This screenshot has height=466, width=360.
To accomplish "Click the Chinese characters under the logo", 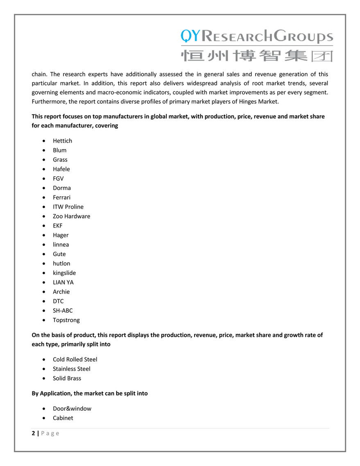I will pyautogui.click(x=257, y=56).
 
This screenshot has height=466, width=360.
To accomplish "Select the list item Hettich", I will pyautogui.click(x=62, y=141).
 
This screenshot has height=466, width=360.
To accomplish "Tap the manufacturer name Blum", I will pyautogui.click(x=59, y=150).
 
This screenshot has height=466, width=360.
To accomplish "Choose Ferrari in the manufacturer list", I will pyautogui.click(x=61, y=197).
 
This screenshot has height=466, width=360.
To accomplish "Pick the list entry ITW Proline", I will pyautogui.click(x=68, y=207).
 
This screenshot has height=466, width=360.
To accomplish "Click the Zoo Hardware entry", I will pyautogui.click(x=71, y=216).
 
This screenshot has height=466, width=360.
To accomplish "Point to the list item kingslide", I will pyautogui.click(x=64, y=273).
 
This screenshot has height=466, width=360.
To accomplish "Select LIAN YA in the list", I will pyautogui.click(x=63, y=282).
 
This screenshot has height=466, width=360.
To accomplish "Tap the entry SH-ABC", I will pyautogui.click(x=63, y=310).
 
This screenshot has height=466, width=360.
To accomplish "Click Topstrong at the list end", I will pyautogui.click(x=66, y=320).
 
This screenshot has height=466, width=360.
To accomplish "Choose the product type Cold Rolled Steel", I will pyautogui.click(x=75, y=359).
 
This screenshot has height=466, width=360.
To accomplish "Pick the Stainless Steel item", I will pyautogui.click(x=72, y=368).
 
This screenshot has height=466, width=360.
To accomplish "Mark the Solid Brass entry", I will pyautogui.click(x=67, y=378).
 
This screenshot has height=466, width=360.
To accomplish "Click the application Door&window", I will pyautogui.click(x=72, y=408).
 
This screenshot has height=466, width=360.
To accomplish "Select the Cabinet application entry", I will pyautogui.click(x=63, y=418).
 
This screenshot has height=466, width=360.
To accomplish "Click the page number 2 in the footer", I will pyautogui.click(x=34, y=433).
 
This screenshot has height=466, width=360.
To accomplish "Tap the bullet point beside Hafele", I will pyautogui.click(x=44, y=169).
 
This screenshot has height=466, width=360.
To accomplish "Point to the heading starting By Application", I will pyautogui.click(x=90, y=393).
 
